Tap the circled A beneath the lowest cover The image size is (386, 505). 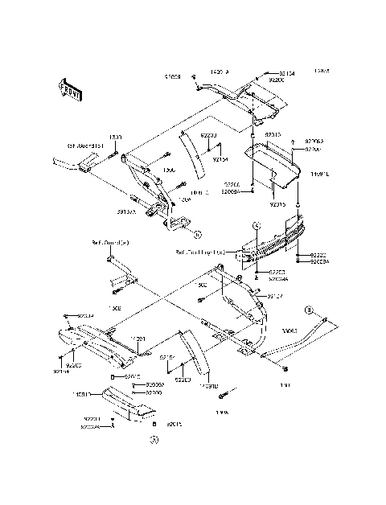(154, 439)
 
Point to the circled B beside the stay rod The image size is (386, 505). (307, 310)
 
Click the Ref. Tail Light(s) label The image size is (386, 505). (201, 252)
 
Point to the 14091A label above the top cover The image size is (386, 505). (219, 72)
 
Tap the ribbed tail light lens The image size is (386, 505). (273, 240)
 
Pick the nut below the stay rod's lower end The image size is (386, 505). (286, 368)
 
